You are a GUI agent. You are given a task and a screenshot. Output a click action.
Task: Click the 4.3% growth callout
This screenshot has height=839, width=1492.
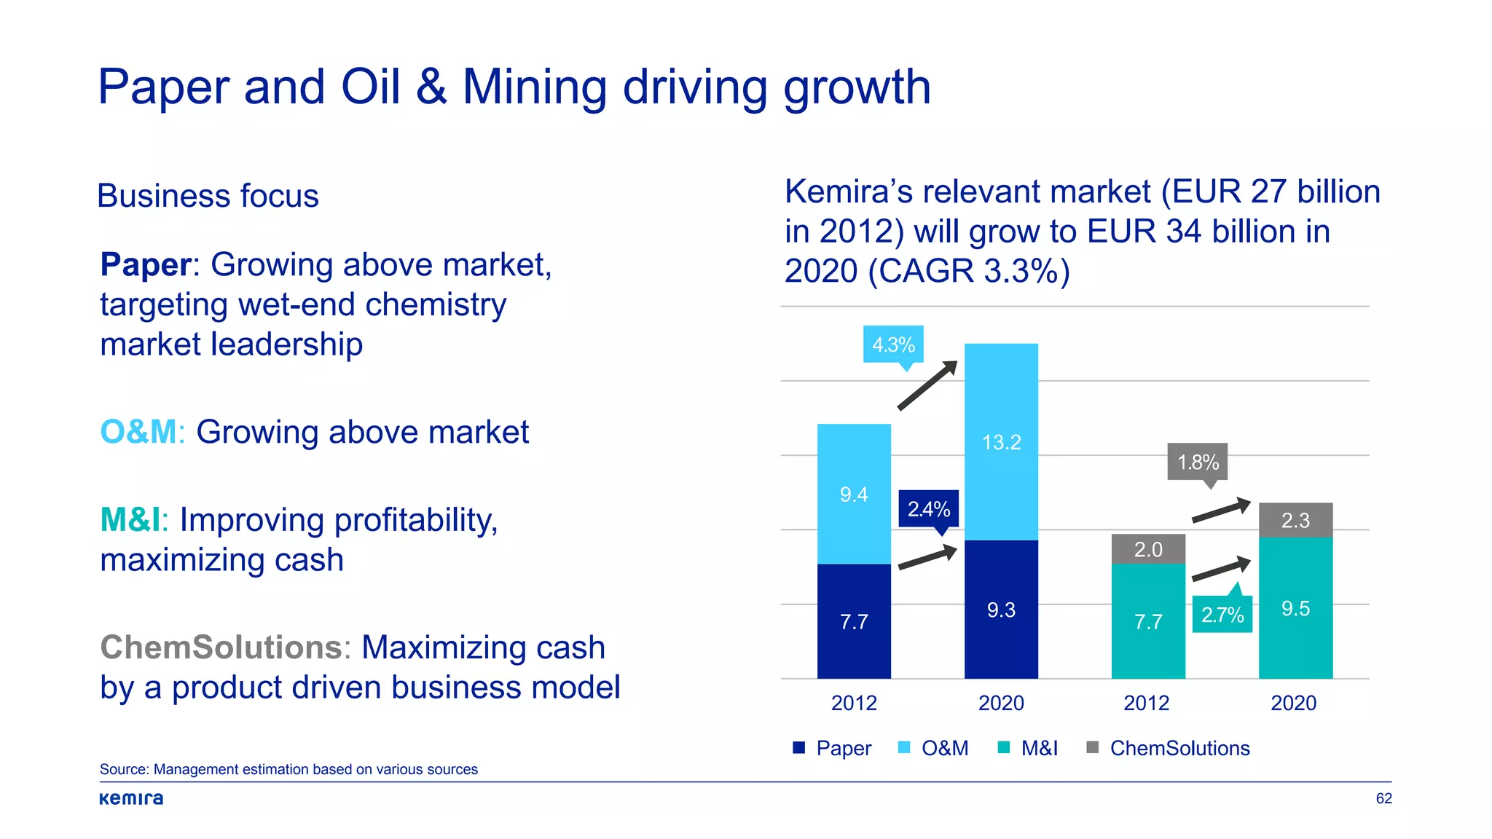893,344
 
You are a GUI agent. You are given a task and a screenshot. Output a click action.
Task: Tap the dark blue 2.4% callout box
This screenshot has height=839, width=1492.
928,508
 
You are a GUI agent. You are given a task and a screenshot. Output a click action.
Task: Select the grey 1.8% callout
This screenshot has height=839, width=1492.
1197,462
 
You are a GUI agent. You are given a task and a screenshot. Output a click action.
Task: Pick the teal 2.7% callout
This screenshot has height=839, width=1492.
1222,614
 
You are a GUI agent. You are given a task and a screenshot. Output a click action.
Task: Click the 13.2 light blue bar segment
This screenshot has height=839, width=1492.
1001,441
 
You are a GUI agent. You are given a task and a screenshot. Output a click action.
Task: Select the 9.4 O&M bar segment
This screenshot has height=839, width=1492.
854,494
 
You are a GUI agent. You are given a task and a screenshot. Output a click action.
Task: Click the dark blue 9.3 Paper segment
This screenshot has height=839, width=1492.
1001,610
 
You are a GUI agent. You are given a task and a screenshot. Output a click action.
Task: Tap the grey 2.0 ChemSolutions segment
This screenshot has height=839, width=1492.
1148,549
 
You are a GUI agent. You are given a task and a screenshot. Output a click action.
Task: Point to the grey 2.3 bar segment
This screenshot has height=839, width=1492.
1295,520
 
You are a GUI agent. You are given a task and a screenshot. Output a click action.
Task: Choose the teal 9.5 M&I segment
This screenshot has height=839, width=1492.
1295,608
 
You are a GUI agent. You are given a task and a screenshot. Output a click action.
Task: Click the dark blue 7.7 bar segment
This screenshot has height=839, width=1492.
854,621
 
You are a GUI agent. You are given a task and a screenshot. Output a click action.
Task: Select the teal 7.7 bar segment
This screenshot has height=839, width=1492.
1148,621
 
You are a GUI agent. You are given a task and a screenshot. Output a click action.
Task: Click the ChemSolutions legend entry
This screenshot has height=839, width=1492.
1169,748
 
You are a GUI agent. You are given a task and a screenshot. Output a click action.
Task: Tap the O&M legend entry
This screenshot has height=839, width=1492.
934,748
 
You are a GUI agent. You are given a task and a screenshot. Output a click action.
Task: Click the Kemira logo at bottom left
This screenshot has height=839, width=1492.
131,798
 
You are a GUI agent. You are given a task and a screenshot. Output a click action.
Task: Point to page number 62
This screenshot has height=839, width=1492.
1383,798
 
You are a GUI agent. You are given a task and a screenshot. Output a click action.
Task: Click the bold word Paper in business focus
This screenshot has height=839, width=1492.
146,264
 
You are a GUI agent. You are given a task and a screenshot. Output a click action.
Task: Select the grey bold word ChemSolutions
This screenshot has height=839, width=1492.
221,647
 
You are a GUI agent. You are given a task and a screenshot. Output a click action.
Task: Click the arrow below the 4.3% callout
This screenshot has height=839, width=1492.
927,385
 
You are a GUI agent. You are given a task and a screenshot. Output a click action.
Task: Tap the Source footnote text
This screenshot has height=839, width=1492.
288,769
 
